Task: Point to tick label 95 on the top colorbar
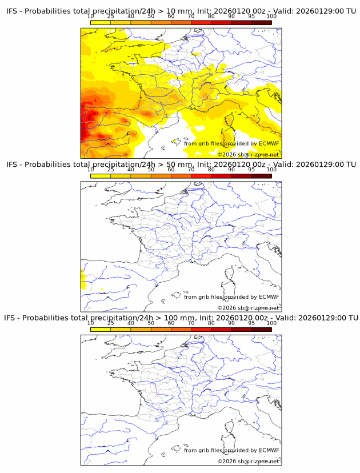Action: pyautogui.click(x=251, y=16)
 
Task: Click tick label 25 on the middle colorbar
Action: pyautogui.click(x=110, y=170)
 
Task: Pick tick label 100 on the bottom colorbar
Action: pyautogui.click(x=271, y=323)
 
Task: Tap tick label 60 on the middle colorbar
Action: pyautogui.click(x=171, y=170)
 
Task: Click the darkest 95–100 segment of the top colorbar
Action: pyautogui.click(x=261, y=22)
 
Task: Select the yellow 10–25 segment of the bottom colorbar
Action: pyautogui.click(x=100, y=330)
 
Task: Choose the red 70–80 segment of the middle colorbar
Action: pyautogui.click(x=201, y=176)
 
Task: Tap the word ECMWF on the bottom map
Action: pyautogui.click(x=269, y=450)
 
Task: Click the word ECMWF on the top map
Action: pyautogui.click(x=269, y=143)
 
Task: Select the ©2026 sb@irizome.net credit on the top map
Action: pyautogui.click(x=248, y=154)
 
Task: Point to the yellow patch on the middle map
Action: pyautogui.click(x=83, y=280)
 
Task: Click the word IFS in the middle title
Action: pyautogui.click(x=13, y=165)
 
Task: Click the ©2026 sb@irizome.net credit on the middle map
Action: pyautogui.click(x=248, y=308)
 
